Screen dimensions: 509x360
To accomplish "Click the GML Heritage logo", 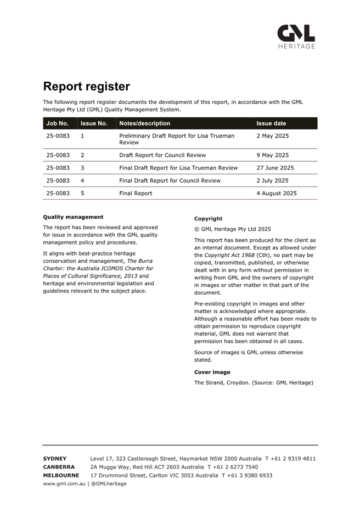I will pos(296,36).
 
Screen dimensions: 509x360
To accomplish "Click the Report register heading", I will pos(87,86).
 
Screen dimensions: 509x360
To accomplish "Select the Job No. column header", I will pos(58,123).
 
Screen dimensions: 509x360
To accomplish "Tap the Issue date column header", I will pos(271,123).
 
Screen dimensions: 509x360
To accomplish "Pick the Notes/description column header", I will pos(144,123).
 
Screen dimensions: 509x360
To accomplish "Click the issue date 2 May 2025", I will pos(272,135).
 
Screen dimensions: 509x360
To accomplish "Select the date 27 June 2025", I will pos(275,168).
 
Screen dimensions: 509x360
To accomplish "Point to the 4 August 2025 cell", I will pos(277,193).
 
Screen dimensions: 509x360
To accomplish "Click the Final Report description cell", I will pos(136,193).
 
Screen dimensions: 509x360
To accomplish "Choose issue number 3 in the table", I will pos(82,168).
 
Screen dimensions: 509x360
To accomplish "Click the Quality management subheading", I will pos(73,217).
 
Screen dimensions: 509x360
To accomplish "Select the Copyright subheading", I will pos(208,218).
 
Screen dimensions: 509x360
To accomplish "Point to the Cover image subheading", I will pos(212,372).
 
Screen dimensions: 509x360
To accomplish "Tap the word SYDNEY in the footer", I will pos(55,459).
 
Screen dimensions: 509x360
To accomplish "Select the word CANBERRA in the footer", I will pos(59,467).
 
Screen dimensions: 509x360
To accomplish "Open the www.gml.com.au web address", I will pos(64,484).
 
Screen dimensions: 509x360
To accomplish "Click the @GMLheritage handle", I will pos(109,484).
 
